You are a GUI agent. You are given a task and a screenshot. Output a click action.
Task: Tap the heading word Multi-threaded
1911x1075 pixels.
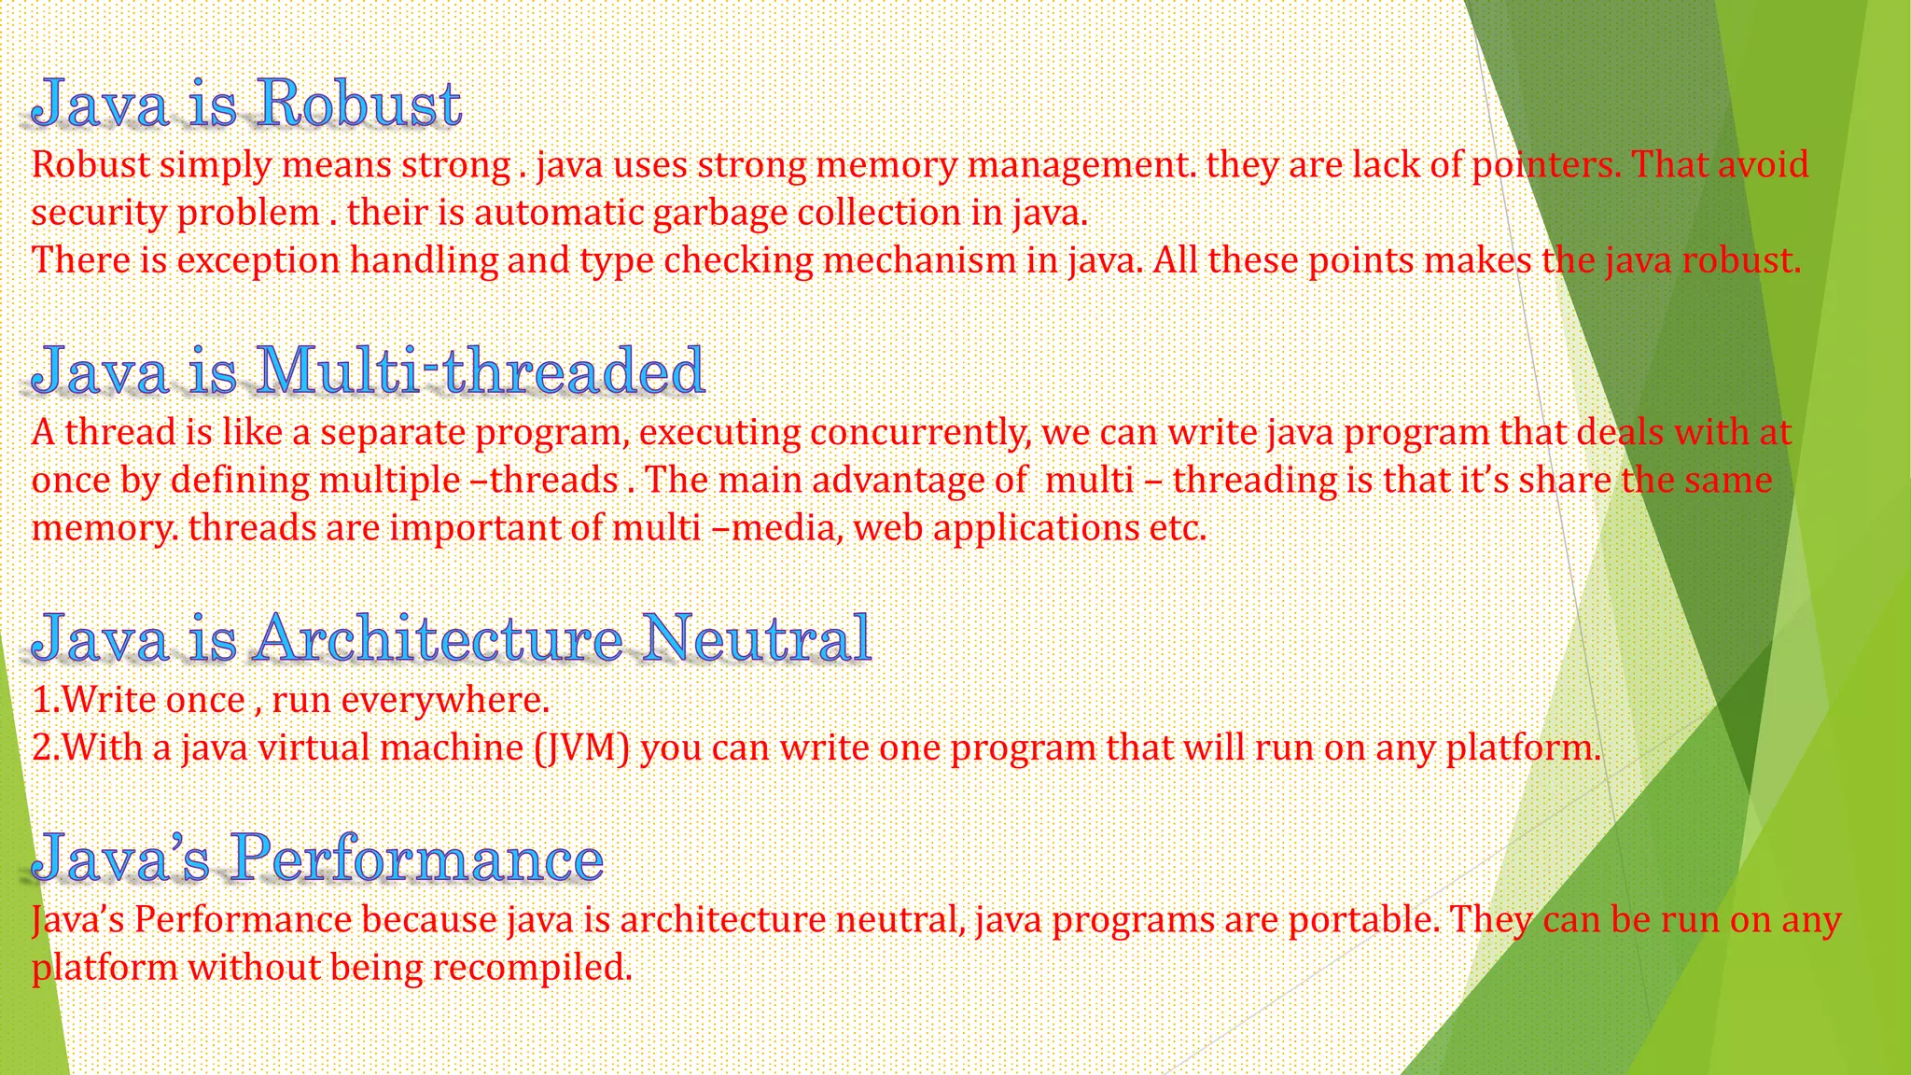(x=479, y=370)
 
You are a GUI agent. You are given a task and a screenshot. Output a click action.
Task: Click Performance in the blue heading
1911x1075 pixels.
(x=416, y=858)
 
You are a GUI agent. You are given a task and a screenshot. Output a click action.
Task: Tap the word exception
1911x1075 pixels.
(x=258, y=260)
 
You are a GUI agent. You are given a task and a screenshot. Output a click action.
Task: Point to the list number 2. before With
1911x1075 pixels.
(x=45, y=748)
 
